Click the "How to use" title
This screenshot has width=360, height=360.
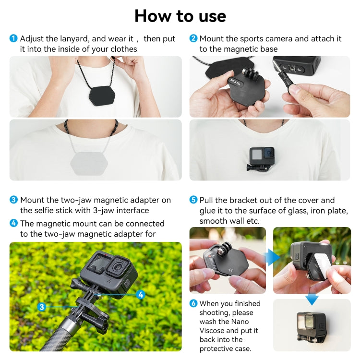pyautogui.click(x=180, y=16)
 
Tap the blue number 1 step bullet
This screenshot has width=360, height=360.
pyautogui.click(x=13, y=38)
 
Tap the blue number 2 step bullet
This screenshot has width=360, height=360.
pyautogui.click(x=193, y=38)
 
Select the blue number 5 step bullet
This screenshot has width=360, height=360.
pyautogui.click(x=193, y=200)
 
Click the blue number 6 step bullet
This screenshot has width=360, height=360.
pyautogui.click(x=193, y=303)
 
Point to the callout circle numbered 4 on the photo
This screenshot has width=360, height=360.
pyautogui.click(x=141, y=295)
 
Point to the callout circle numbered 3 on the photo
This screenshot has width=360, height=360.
pyautogui.click(x=42, y=307)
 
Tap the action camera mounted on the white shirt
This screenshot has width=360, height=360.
pyautogui.click(x=262, y=158)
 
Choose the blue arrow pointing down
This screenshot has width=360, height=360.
pyautogui.click(x=312, y=300)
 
